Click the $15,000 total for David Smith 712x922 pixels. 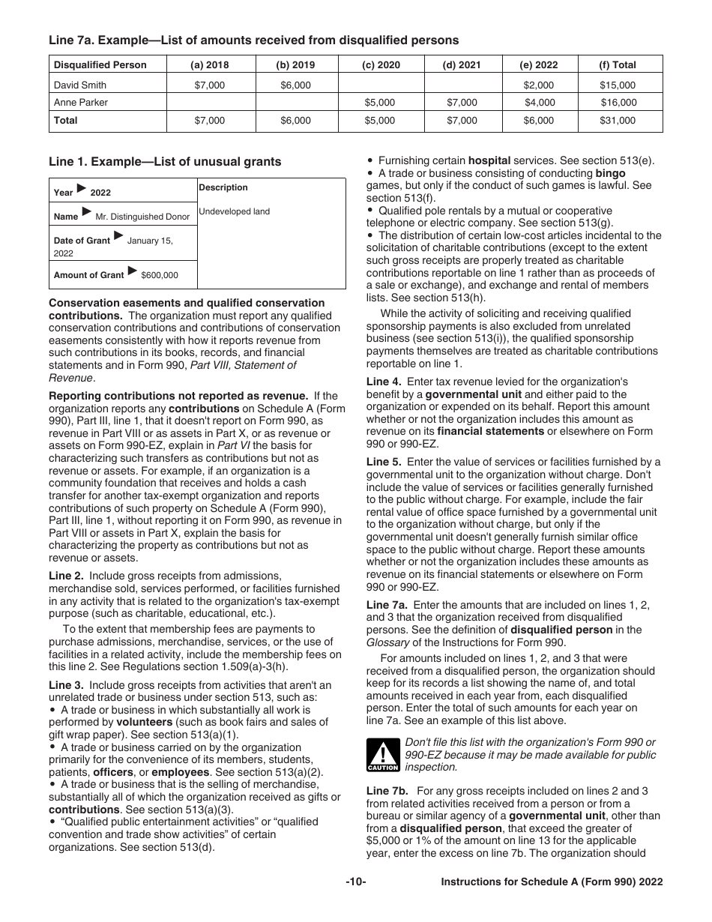618,85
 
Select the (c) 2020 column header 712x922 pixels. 381,65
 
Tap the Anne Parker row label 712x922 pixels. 81,103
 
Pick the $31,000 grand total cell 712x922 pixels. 618,121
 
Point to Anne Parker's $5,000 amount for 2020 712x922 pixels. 380,103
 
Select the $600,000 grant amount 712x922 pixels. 160,275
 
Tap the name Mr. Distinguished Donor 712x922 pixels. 142,217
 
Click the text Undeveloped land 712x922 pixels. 235,211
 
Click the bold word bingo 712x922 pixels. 610,173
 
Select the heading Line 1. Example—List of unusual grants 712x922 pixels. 165,162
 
